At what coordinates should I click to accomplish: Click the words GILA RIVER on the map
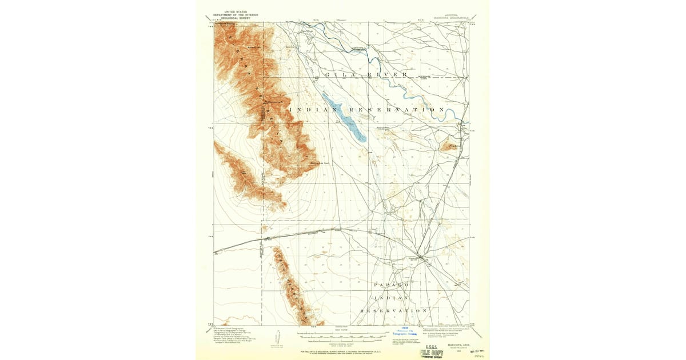pos(366,75)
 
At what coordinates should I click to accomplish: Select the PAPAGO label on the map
pos(392,284)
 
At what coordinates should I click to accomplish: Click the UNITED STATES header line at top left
pos(234,11)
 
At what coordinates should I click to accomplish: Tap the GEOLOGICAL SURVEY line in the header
pos(234,18)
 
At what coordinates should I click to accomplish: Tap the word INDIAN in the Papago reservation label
pos(392,298)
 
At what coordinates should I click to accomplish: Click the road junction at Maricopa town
pos(424,260)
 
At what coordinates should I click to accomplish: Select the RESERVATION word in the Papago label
pos(394,310)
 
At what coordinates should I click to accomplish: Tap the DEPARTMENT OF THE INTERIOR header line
pos(234,14)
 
